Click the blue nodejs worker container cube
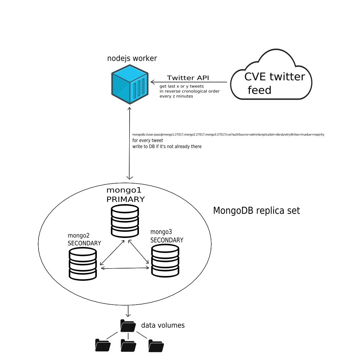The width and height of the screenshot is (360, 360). (x=130, y=84)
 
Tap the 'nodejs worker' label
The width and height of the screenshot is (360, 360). (x=132, y=58)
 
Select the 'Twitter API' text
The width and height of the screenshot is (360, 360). (x=188, y=78)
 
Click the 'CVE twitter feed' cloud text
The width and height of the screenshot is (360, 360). (x=275, y=83)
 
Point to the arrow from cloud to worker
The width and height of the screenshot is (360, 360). (x=189, y=82)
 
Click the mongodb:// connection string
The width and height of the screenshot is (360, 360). (x=228, y=135)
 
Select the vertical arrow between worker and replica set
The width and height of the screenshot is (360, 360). (x=130, y=143)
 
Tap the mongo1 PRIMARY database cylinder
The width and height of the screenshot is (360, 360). (x=125, y=221)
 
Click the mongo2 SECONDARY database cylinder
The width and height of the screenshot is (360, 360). (x=83, y=264)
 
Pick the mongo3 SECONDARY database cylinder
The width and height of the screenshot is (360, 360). (x=165, y=261)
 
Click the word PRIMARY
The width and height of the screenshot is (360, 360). (x=126, y=199)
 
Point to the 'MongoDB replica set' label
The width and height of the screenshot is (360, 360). (x=256, y=211)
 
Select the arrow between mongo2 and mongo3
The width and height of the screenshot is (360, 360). (x=125, y=268)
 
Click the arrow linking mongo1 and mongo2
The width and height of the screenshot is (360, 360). (x=112, y=253)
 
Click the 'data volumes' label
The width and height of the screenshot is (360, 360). (x=163, y=325)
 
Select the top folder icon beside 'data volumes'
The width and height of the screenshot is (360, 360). (x=128, y=325)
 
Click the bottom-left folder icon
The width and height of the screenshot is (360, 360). (x=103, y=345)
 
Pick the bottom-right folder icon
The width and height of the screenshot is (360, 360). (x=156, y=346)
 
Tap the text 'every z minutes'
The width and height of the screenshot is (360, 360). (x=176, y=96)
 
